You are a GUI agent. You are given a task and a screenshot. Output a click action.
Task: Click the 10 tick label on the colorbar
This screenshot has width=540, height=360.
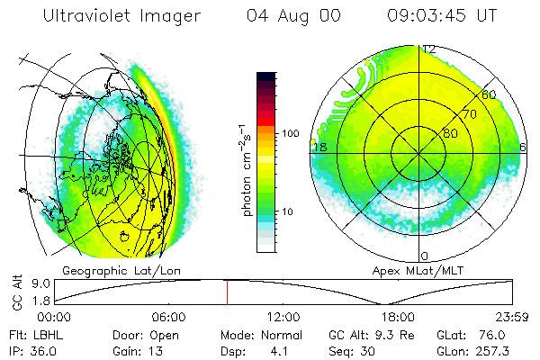coord(289,211)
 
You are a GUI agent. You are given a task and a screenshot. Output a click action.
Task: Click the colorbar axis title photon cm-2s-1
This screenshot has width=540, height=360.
coord(246,169)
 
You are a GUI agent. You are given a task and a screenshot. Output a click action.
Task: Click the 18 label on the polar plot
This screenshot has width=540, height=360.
coord(318,147)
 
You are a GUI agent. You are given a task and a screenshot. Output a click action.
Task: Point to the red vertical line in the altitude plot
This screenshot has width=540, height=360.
coord(227,292)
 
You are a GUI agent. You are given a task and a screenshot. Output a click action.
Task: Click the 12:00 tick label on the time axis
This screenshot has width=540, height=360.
coord(283,317)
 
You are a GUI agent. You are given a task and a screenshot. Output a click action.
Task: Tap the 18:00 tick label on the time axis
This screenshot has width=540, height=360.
coord(397,317)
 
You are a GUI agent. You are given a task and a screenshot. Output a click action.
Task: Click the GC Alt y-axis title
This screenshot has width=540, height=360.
coord(16,293)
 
